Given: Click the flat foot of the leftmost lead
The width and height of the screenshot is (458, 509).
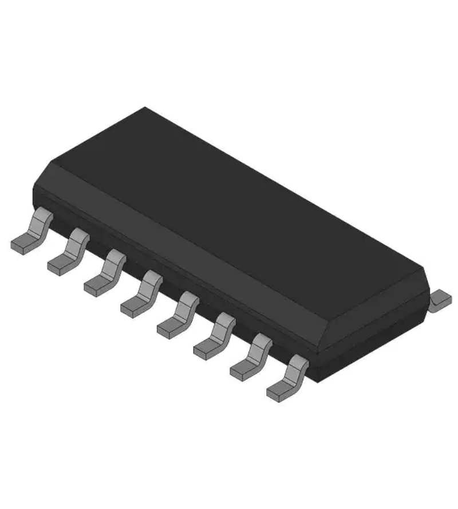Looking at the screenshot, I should pyautogui.click(x=23, y=243).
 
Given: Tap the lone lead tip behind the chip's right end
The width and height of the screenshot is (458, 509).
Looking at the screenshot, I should pyautogui.click(x=441, y=300).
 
